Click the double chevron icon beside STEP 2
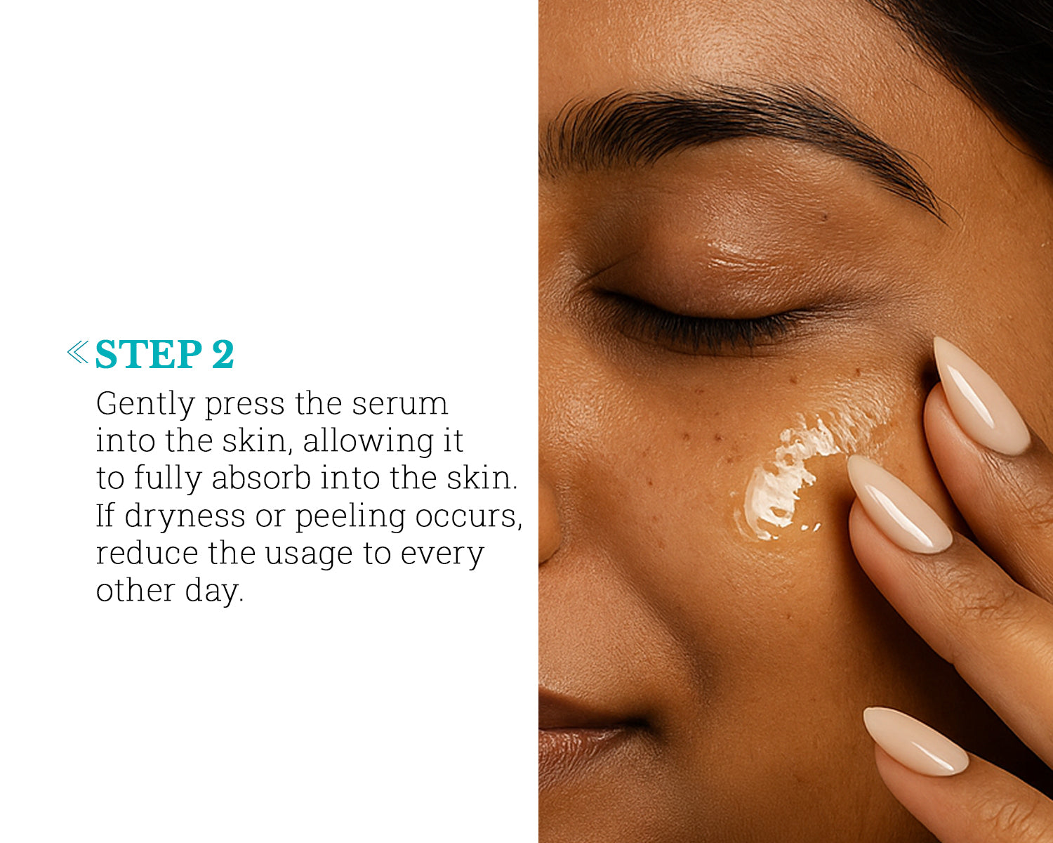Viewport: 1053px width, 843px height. pyautogui.click(x=78, y=352)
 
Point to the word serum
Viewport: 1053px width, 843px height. pyautogui.click(x=399, y=404)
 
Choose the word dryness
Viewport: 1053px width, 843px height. pyautogui.click(x=185, y=517)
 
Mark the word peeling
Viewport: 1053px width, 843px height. pyautogui.click(x=350, y=517)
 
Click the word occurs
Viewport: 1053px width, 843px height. pyautogui.click(x=469, y=517)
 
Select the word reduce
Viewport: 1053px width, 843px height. pyautogui.click(x=147, y=554)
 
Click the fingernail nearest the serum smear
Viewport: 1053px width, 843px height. pyautogui.click(x=899, y=504)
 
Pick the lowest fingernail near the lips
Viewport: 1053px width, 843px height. pyautogui.click(x=915, y=740)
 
